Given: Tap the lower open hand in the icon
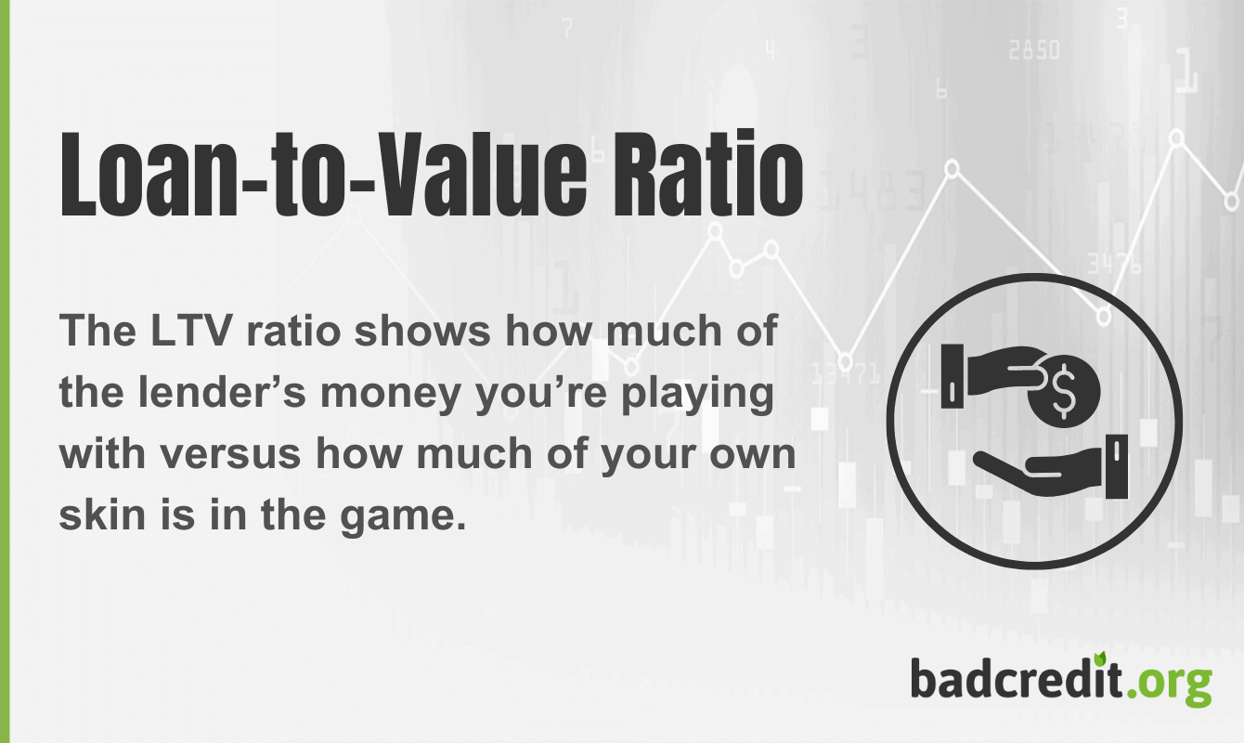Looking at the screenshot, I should click(1049, 460).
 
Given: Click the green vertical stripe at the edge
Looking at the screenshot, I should click(5, 371).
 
